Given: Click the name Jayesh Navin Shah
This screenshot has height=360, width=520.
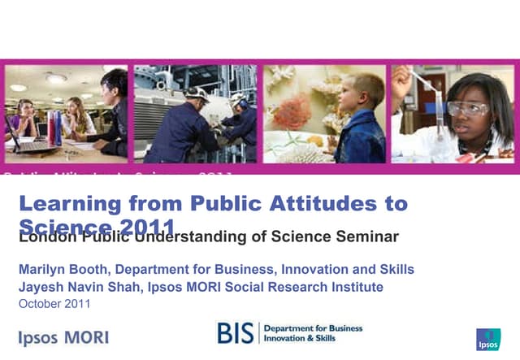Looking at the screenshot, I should point(78,287).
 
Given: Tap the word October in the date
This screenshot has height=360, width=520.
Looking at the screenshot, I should point(39,304).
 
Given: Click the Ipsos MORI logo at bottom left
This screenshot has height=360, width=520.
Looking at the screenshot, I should point(63,337).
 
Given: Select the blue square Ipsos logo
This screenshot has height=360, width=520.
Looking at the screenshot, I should point(488,339).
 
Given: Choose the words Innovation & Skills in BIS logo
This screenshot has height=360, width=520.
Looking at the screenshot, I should point(314,337).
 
